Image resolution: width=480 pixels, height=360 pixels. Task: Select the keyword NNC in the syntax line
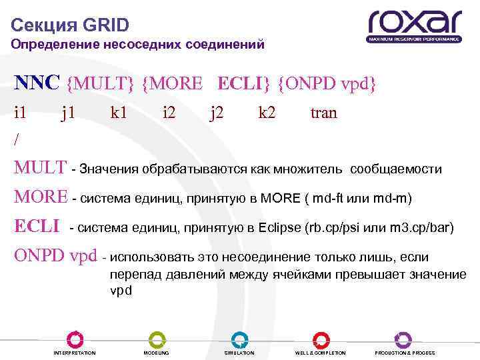(x=38, y=83)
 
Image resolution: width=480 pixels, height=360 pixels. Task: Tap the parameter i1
(x=21, y=113)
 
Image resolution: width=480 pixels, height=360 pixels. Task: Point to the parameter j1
(x=67, y=114)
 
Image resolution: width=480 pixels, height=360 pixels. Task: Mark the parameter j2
(x=217, y=114)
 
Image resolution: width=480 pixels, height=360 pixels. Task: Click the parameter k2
(x=267, y=113)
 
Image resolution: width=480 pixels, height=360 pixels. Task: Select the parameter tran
(x=324, y=113)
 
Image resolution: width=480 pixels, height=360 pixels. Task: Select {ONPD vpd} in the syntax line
(x=327, y=83)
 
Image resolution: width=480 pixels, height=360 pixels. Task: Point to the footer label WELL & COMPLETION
(x=321, y=353)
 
